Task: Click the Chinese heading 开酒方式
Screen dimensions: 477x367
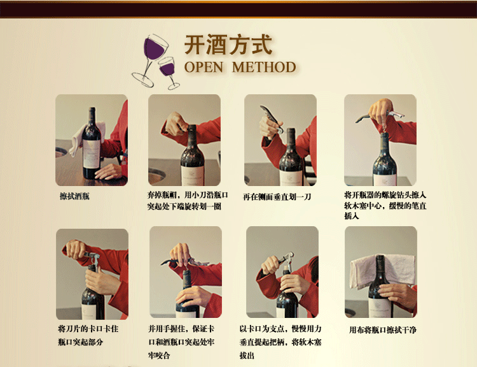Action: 228,45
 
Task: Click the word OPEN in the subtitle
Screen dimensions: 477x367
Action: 204,68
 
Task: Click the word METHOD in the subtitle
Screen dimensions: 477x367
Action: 264,68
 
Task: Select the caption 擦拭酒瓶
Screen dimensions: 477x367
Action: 74,196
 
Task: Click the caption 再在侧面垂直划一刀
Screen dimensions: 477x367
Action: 277,197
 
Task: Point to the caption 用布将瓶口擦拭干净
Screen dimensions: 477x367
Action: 383,330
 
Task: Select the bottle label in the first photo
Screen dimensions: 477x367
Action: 91,154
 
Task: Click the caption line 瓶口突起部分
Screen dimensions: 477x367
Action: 80,342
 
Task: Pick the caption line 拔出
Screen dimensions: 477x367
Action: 247,356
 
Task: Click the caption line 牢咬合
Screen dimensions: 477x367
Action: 159,356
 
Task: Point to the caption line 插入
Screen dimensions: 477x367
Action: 352,216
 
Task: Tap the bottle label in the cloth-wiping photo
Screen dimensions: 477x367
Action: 380,308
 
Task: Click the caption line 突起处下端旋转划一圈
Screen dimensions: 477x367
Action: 184,206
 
